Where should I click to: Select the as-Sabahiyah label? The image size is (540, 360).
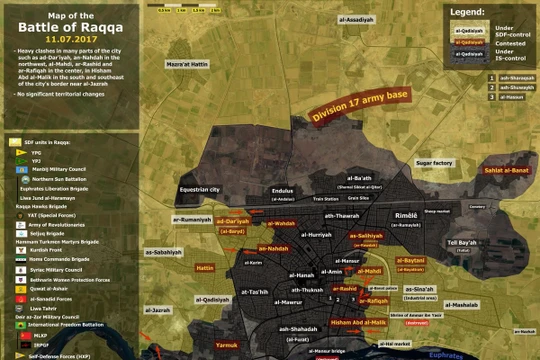point(164,252)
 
